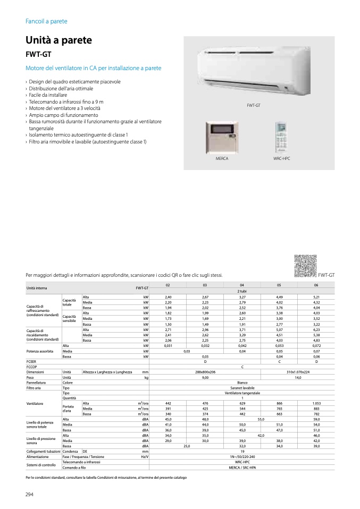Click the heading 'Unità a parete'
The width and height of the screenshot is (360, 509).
click(x=58, y=40)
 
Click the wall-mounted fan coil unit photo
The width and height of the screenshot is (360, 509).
click(x=244, y=73)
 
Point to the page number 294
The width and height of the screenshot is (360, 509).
click(x=30, y=496)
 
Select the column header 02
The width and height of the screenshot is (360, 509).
click(x=168, y=285)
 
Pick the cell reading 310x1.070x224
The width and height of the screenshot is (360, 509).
click(x=298, y=372)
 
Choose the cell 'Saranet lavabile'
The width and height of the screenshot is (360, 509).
click(x=242, y=388)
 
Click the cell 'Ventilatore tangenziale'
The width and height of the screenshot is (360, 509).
click(x=242, y=393)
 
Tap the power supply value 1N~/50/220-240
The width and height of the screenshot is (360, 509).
click(x=242, y=456)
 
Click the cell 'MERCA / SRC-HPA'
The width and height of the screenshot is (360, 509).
click(x=242, y=467)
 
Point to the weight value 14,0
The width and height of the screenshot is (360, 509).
click(x=298, y=378)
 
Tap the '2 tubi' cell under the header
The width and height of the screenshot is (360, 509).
click(x=242, y=291)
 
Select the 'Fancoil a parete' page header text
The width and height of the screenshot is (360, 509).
click(x=46, y=21)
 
